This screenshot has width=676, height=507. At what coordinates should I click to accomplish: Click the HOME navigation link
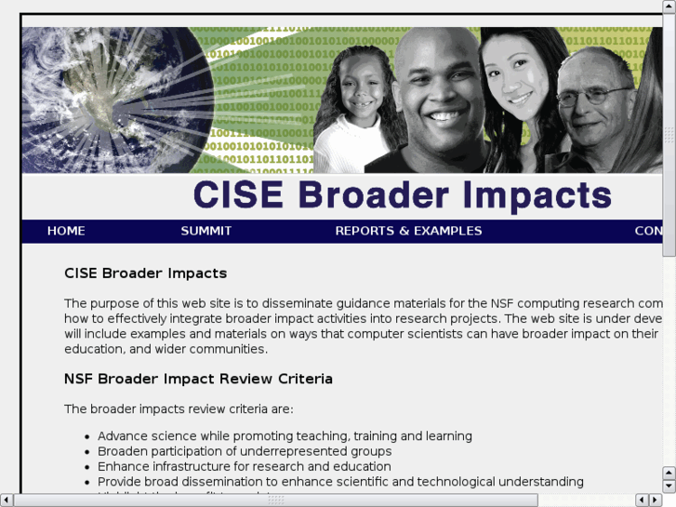[66, 231]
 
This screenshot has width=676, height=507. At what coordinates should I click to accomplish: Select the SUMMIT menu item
[206, 231]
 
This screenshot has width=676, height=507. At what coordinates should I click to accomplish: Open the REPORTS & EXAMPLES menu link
[408, 231]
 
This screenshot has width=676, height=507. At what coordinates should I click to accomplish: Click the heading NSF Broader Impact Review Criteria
[198, 379]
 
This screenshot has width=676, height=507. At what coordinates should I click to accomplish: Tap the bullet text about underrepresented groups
[244, 451]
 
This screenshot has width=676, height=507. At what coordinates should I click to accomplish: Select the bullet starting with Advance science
[285, 436]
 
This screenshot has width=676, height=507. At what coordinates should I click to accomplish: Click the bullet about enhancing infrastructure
[244, 466]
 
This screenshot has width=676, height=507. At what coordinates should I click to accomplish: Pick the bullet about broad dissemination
[340, 482]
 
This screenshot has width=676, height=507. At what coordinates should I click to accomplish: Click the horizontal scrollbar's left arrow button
[7, 500]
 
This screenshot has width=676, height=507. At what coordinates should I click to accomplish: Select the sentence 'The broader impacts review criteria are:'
[179, 408]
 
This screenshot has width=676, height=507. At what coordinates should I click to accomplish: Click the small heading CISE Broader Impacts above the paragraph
[145, 274]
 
